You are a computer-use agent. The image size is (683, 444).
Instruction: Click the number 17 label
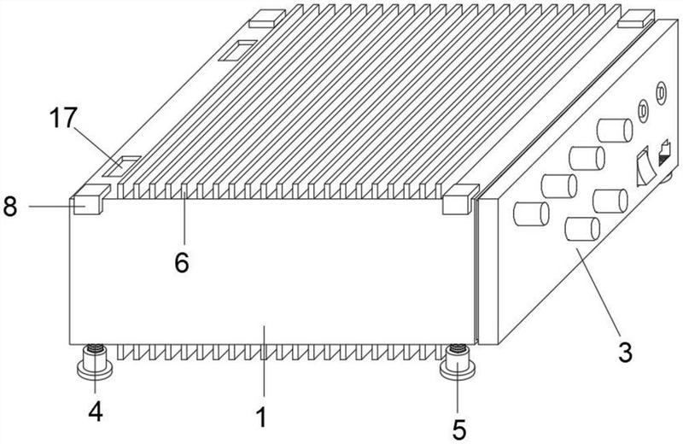(x=63, y=118)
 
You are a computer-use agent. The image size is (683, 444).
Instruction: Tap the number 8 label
(x=10, y=207)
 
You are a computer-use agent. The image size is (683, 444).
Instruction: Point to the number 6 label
(x=182, y=262)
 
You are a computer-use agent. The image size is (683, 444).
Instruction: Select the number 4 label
(x=96, y=412)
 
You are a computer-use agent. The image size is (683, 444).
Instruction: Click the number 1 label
(x=261, y=417)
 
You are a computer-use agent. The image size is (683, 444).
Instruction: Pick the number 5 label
(x=459, y=429)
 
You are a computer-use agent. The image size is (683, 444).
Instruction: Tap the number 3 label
(x=625, y=353)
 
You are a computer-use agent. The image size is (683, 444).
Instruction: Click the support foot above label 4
(x=95, y=362)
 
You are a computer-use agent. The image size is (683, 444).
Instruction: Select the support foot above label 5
(x=458, y=362)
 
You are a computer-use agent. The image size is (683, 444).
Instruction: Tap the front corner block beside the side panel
(x=460, y=199)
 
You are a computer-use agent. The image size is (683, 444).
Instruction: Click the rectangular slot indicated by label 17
(x=121, y=166)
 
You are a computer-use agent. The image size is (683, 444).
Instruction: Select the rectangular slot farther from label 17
(x=238, y=50)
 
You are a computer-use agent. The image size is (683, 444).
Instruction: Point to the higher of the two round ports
(x=661, y=93)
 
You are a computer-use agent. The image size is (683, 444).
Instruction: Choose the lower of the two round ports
(x=643, y=111)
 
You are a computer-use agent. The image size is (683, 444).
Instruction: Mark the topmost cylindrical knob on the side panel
(x=615, y=131)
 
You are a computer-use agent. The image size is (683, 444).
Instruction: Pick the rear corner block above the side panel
(x=636, y=18)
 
